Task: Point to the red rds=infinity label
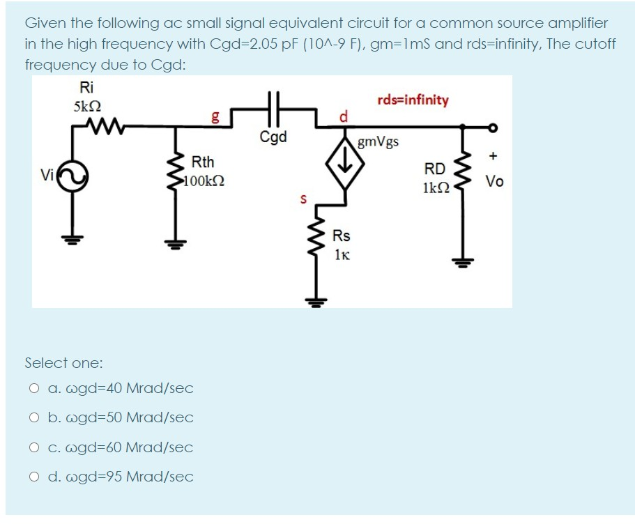tap(413, 100)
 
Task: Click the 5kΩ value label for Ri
tap(87, 107)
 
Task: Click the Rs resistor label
tap(342, 236)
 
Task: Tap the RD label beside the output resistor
tap(434, 169)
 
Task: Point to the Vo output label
tap(495, 182)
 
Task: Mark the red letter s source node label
tap(303, 199)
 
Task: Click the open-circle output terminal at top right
tap(494, 127)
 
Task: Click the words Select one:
tap(63, 363)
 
